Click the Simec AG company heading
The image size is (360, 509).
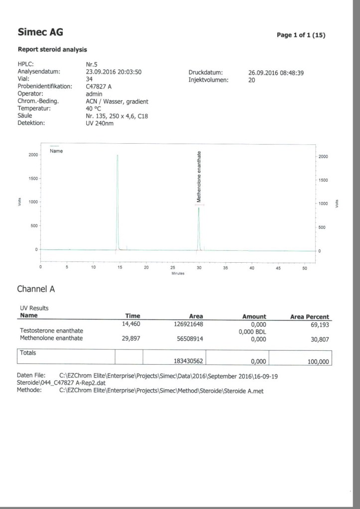pyautogui.click(x=40, y=33)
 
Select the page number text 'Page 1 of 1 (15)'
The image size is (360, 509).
pyautogui.click(x=301, y=35)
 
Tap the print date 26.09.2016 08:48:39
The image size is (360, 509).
pyautogui.click(x=276, y=73)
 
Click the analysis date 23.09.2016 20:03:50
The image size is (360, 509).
pyautogui.click(x=114, y=72)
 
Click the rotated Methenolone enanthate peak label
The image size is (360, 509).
pyautogui.click(x=199, y=176)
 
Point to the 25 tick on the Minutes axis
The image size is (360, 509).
pyautogui.click(x=173, y=268)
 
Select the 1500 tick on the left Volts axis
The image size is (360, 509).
pyautogui.click(x=33, y=178)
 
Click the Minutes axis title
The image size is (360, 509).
pyautogui.click(x=178, y=273)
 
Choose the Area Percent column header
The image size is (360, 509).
pyautogui.click(x=309, y=316)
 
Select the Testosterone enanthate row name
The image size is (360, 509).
pyautogui.click(x=51, y=331)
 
